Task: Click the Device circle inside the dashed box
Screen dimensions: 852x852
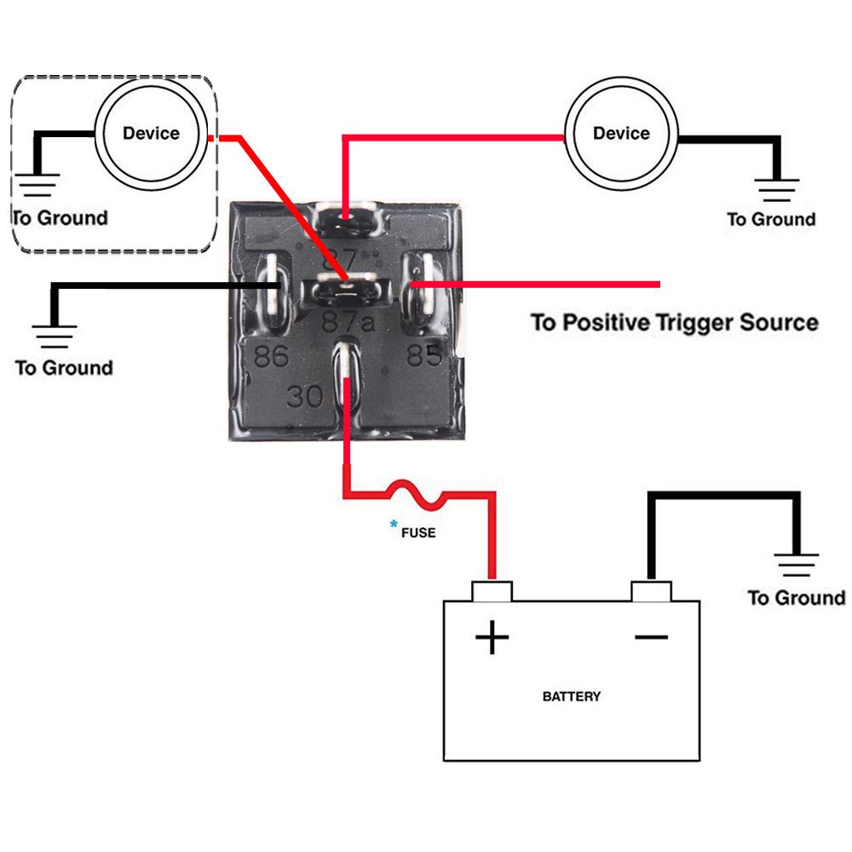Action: point(151,134)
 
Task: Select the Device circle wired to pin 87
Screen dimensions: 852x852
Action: point(621,134)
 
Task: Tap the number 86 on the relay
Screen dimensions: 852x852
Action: point(271,356)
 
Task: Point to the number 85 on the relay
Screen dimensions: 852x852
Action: point(423,354)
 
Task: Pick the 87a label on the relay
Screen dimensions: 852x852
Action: point(348,322)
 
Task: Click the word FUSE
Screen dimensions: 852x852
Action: point(418,532)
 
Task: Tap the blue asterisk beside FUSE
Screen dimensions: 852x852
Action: point(394,525)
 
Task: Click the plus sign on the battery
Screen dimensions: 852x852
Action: point(492,636)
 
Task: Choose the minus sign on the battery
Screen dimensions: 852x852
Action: point(651,636)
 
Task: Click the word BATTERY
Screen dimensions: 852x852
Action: point(572,696)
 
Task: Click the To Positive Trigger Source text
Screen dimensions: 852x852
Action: point(674,323)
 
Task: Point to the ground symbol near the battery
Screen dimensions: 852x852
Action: point(796,564)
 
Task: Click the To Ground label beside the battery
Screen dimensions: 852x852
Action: point(796,598)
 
